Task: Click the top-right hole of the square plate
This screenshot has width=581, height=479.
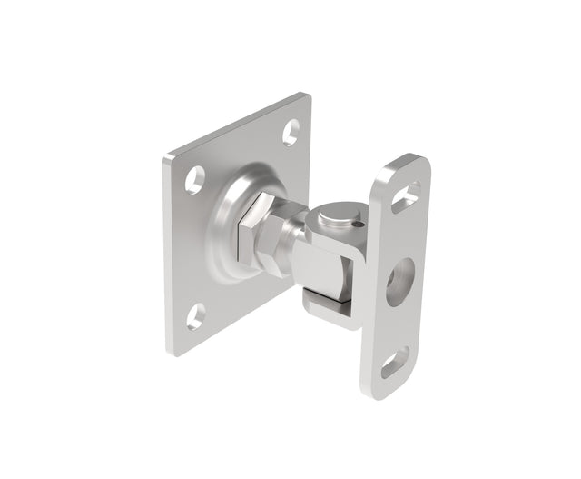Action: click(x=290, y=133)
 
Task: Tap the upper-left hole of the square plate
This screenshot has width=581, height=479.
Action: click(x=195, y=179)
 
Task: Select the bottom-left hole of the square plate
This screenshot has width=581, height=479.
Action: click(x=196, y=316)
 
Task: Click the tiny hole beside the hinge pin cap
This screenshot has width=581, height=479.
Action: click(x=359, y=224)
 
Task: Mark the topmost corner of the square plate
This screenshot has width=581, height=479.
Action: click(x=307, y=95)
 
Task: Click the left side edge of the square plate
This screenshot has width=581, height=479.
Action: click(x=167, y=254)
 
